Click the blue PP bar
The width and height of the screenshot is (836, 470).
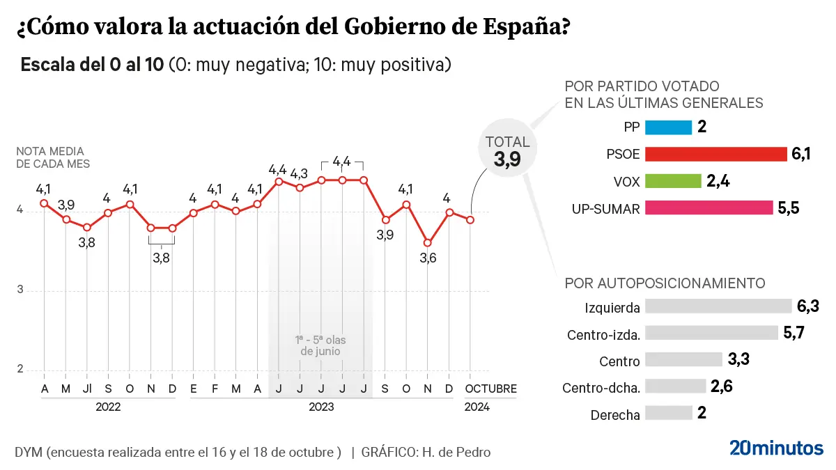coord(668,127)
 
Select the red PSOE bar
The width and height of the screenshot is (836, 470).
coord(715,154)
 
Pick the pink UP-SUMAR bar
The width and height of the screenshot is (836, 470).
coord(709,207)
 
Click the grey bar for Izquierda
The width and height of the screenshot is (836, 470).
coord(718,306)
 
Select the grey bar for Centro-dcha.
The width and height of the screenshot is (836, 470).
coord(675,386)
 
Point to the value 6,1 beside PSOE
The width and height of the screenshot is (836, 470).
coord(800,154)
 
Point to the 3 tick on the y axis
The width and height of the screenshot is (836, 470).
coord(20,290)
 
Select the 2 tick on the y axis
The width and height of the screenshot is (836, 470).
coord(20,370)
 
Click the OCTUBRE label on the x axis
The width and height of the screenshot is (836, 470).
coord(491,389)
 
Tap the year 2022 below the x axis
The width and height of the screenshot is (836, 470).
coord(109,407)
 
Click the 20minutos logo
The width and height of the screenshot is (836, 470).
coord(776,448)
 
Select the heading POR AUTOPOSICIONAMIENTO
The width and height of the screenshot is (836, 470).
coord(665,283)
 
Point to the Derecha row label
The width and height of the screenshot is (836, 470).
coord(614,415)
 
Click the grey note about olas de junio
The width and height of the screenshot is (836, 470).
coord(320,345)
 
